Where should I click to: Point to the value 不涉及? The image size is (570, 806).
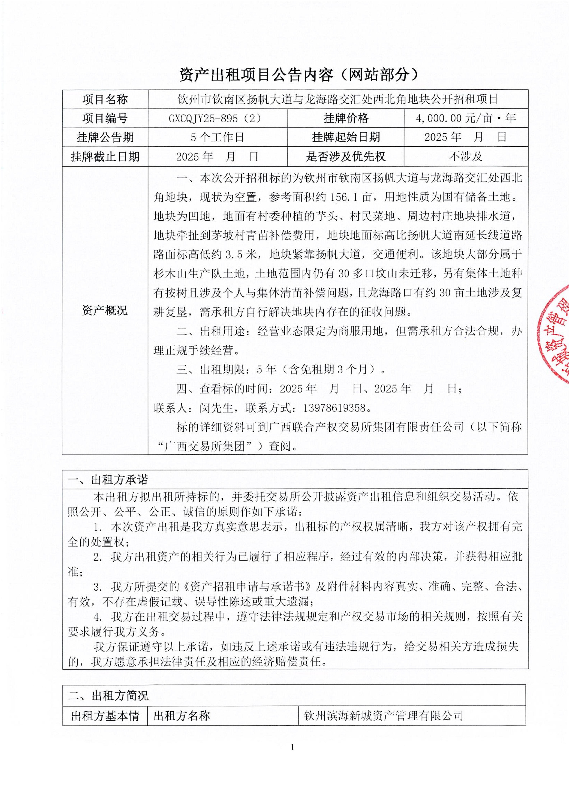pos(466,156)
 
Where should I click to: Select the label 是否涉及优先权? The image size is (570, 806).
pos(346,156)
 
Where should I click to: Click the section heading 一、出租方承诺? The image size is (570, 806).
pos(108,480)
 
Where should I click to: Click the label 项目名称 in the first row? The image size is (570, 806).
pos(105,99)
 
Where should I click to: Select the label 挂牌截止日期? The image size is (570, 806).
pos(105,156)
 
